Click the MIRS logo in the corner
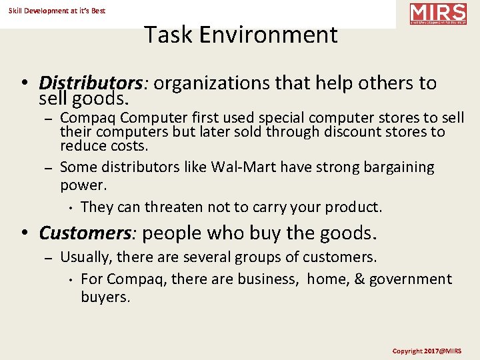point(438,13)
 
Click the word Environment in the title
point(274,35)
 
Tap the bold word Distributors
point(91,83)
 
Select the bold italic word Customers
point(87,233)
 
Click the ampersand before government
point(360,279)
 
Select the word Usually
point(85,257)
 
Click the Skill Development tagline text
point(57,11)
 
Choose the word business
point(267,279)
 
